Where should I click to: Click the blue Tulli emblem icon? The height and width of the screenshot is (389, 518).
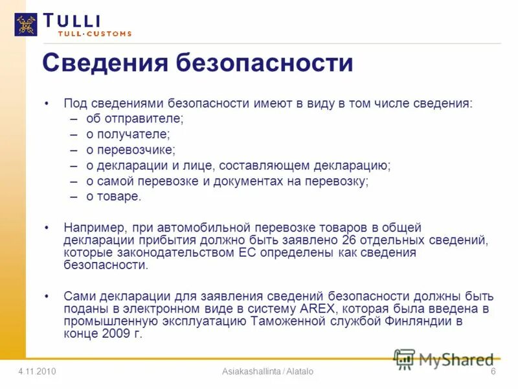coord(26,24)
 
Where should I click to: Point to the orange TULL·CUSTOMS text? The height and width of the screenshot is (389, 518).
coord(95,34)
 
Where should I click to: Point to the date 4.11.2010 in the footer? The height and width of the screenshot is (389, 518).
coord(37,371)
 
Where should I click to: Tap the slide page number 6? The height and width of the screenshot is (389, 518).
coord(493,371)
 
